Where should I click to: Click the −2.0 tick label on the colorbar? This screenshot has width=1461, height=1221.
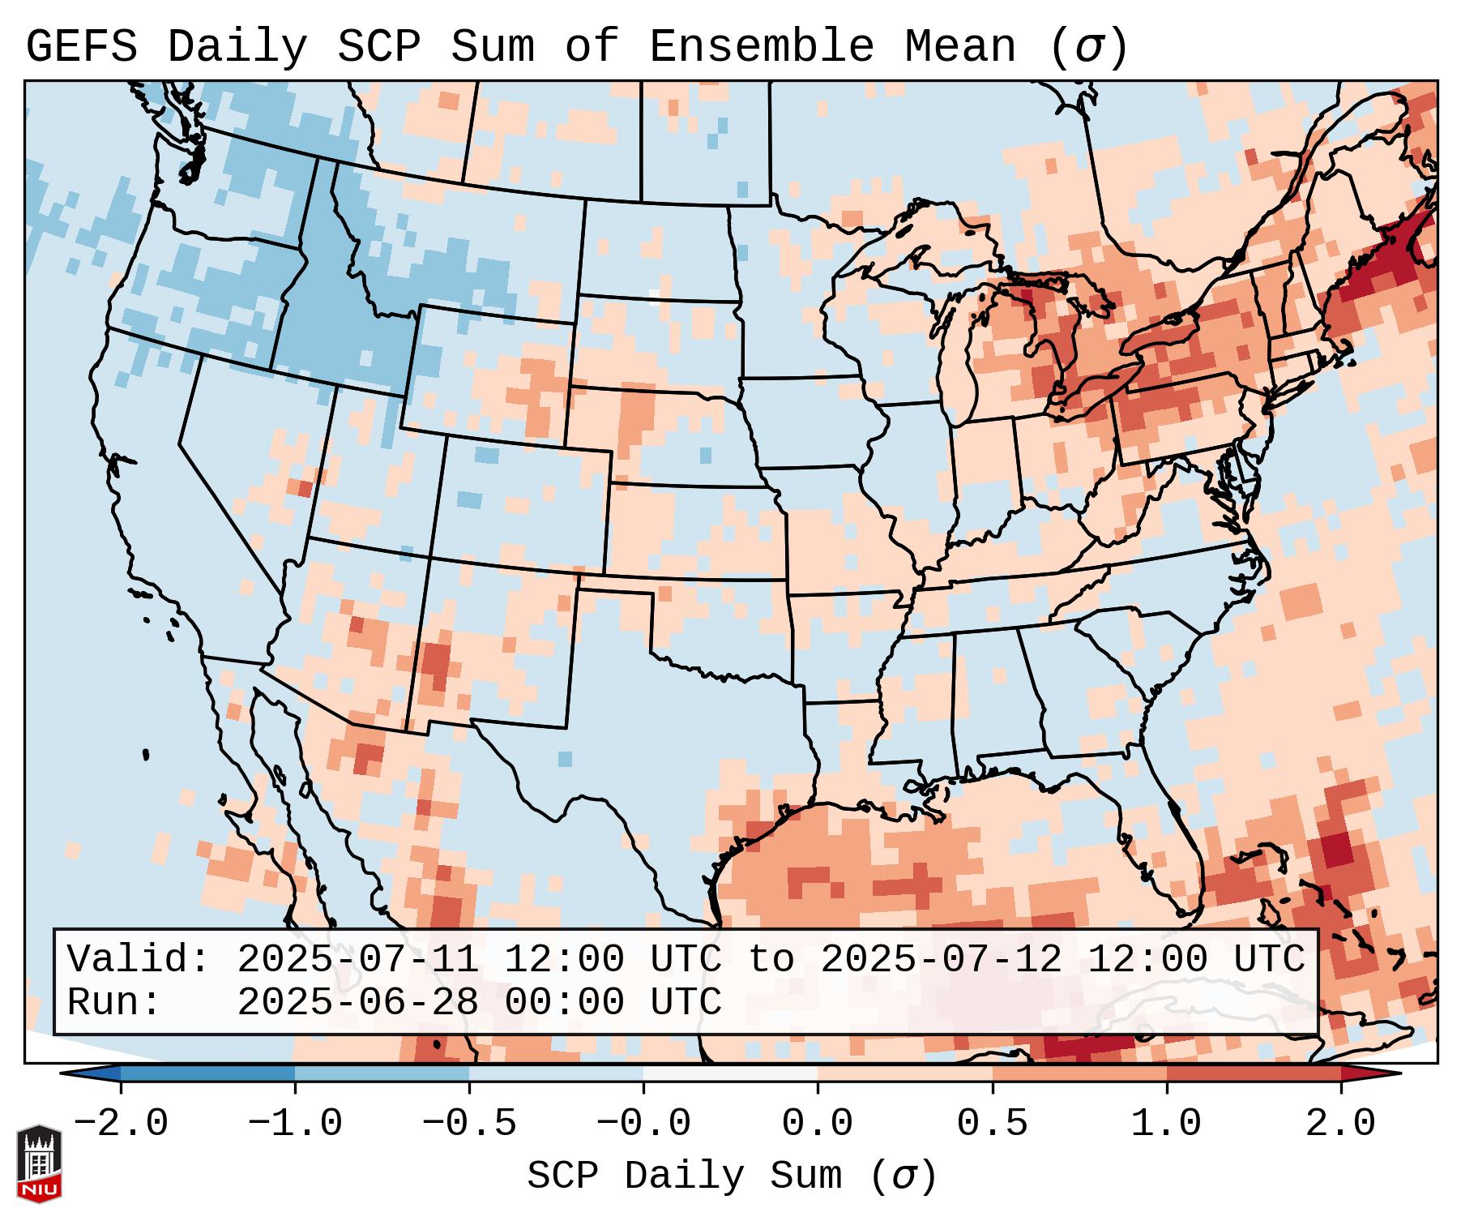coord(121,1124)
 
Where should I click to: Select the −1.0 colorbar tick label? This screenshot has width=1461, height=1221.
coord(295,1124)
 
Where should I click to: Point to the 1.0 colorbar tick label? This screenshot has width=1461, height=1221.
coord(1166,1124)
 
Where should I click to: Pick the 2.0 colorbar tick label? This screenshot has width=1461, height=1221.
coord(1340,1124)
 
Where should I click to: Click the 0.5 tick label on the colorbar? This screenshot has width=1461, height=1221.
coord(992,1124)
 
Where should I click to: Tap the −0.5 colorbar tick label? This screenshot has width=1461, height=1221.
coord(469,1124)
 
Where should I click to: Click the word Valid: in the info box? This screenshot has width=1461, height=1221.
coord(139,959)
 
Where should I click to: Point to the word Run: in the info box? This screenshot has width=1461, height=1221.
coord(114,1002)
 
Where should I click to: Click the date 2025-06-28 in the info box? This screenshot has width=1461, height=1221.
coord(357,1002)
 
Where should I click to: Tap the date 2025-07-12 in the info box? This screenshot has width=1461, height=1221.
coord(941,959)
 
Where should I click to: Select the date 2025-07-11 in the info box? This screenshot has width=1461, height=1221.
coord(357,959)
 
